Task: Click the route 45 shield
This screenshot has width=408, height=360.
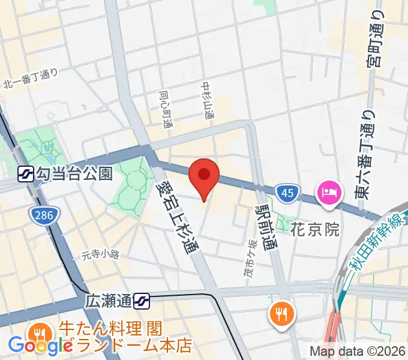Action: (x=287, y=192)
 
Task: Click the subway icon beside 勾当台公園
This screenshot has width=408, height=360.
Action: (x=26, y=174)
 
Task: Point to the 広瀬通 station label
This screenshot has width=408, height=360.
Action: (x=109, y=300)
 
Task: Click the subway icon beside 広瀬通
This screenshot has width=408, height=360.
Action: (x=142, y=301)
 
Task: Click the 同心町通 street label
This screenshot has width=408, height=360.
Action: (x=165, y=109)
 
